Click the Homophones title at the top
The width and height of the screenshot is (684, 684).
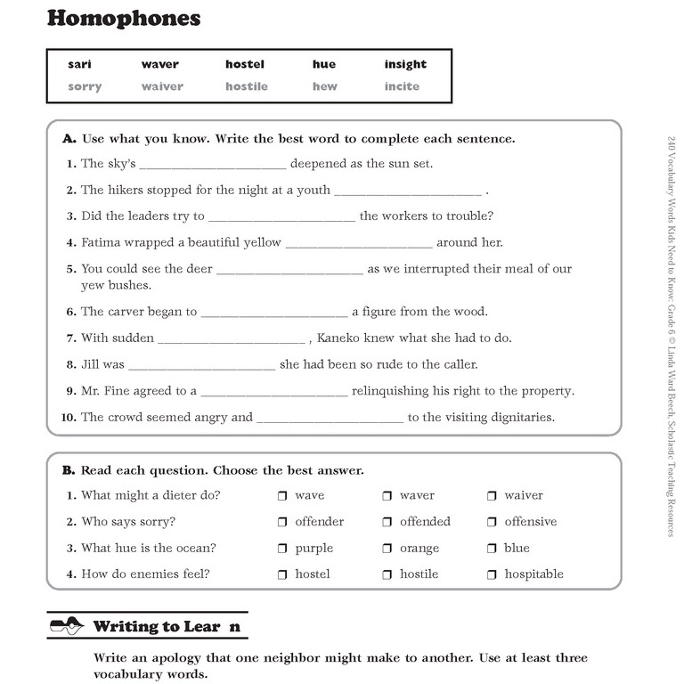point(123,19)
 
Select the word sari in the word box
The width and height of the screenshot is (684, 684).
point(79,64)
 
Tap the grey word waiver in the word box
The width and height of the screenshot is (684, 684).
point(162,86)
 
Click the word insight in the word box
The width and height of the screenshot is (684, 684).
point(405,64)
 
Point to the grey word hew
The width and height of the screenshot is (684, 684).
point(324,86)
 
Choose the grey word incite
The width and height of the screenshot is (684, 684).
point(402,86)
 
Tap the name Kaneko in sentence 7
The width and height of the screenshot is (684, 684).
point(339,338)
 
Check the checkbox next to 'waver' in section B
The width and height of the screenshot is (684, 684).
point(387,496)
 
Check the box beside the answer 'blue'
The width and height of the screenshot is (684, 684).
point(493,549)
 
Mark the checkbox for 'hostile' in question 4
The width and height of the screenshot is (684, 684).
point(387,575)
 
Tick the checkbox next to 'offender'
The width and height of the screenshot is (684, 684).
point(282,523)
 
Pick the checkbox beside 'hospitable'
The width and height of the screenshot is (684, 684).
point(493,575)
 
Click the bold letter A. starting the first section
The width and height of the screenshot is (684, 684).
point(69,139)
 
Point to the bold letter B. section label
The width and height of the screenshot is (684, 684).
point(69,470)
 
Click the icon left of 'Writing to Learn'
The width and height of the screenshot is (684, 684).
point(66,626)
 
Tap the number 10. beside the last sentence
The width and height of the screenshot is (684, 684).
point(68,418)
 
